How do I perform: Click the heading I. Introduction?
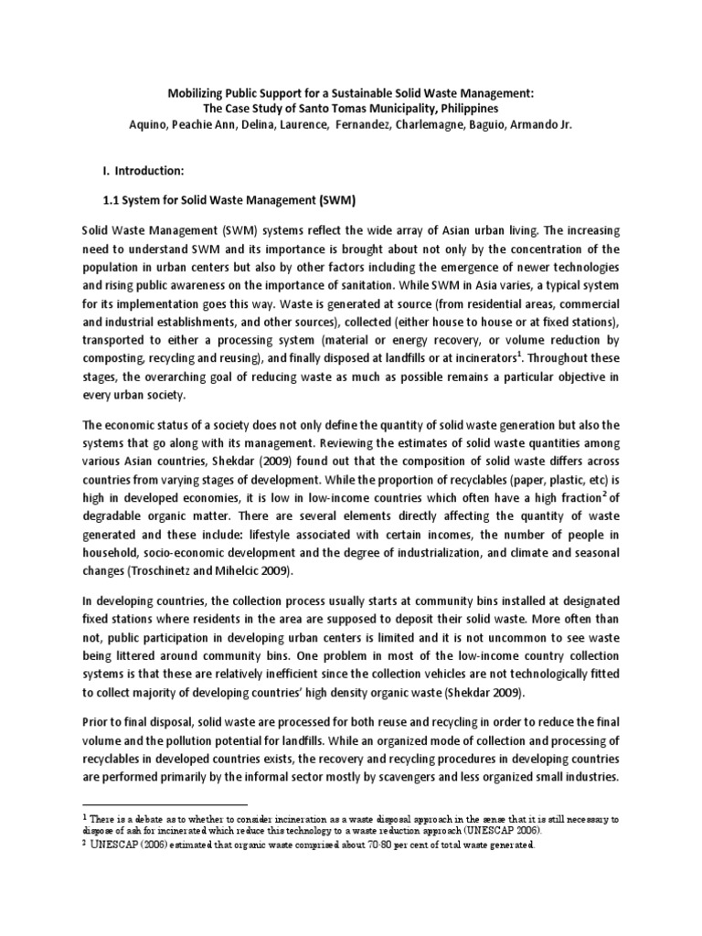[x=148, y=169]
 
